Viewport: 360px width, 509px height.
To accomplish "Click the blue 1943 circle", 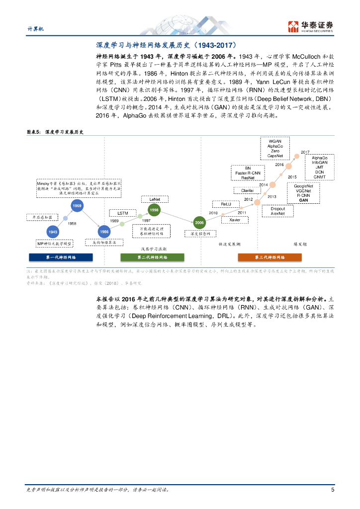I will [x=53, y=232].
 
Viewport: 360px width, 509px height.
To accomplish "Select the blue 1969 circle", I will [x=77, y=205].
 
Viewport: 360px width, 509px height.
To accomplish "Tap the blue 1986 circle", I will [x=104, y=232].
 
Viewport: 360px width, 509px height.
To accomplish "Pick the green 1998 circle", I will [x=154, y=210].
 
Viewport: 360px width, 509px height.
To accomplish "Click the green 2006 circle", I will [x=199, y=222].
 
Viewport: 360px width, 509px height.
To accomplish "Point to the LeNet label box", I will [x=154, y=199].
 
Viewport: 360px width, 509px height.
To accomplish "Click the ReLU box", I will [x=222, y=204].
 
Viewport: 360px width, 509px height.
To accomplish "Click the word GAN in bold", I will [x=303, y=200].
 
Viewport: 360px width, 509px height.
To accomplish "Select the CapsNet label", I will [x=275, y=156].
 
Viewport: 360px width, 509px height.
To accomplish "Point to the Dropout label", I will [x=278, y=209].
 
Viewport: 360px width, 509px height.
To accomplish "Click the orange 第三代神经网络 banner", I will [x=270, y=257].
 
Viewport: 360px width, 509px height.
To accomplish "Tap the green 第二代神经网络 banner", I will [x=152, y=257].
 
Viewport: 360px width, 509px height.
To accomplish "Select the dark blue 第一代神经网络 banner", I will [x=61, y=257].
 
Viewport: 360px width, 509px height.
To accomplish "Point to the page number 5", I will [x=332, y=489].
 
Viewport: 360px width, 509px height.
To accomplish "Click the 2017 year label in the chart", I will [x=305, y=152].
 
